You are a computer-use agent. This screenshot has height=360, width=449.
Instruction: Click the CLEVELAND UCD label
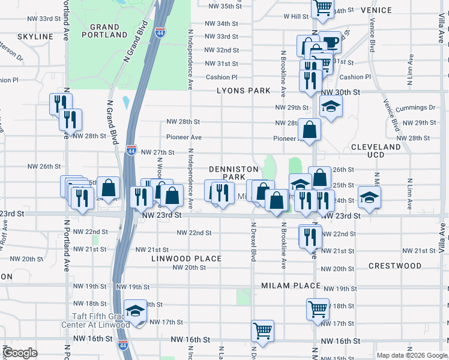click(x=376, y=151)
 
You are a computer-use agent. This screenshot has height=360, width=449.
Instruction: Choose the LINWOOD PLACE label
click(x=187, y=259)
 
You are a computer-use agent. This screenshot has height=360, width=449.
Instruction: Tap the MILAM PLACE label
click(x=291, y=286)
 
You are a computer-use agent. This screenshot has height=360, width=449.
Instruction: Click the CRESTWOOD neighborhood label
click(x=395, y=265)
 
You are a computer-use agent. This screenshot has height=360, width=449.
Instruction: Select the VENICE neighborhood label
click(x=376, y=10)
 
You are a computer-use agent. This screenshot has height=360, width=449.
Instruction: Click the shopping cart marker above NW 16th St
click(x=263, y=329)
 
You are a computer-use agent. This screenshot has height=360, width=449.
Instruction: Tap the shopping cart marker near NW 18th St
click(x=318, y=308)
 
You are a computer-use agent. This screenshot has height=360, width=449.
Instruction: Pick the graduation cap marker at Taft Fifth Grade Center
click(x=136, y=311)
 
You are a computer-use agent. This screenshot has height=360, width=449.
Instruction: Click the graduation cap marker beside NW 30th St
click(x=330, y=106)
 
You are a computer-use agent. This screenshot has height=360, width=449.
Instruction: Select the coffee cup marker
click(x=329, y=42)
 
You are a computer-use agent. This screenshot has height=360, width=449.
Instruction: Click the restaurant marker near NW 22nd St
click(x=310, y=237)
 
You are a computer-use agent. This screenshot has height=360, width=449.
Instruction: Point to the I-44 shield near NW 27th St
click(x=131, y=150)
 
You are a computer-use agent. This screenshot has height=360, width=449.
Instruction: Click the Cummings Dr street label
click(x=420, y=107)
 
